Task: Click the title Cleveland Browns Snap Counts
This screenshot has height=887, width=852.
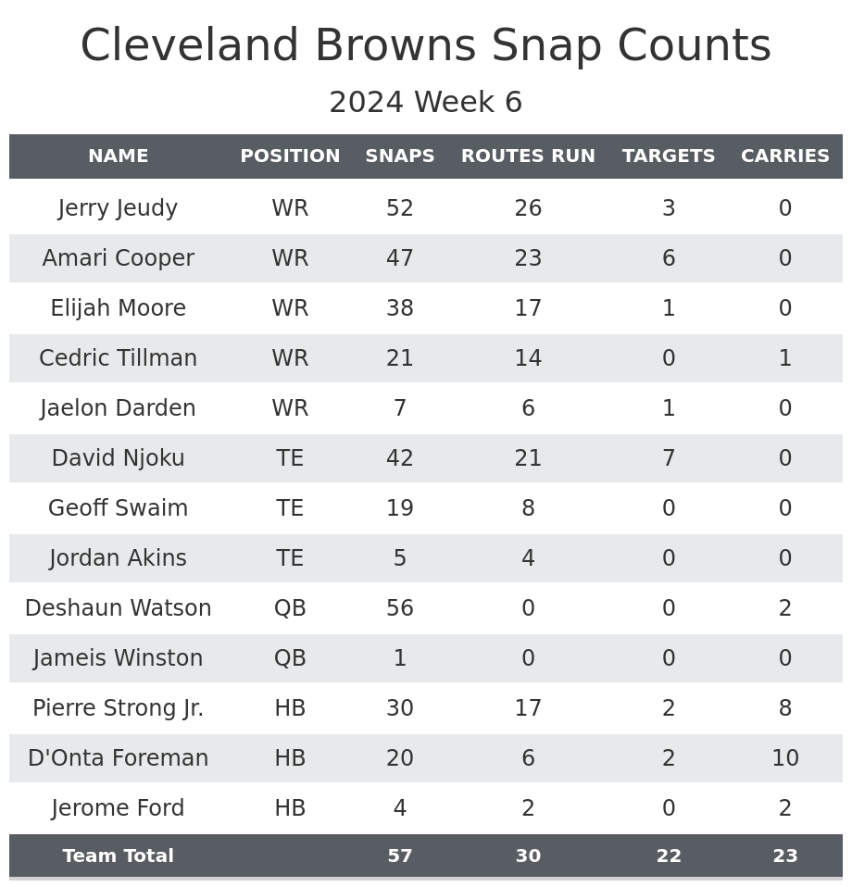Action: click(x=426, y=46)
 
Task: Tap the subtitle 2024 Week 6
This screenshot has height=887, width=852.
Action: click(x=426, y=103)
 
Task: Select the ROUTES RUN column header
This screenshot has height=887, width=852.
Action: click(x=528, y=156)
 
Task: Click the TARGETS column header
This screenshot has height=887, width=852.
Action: click(x=669, y=156)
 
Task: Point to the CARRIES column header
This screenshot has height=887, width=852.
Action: click(x=785, y=156)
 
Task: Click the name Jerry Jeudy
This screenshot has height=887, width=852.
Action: click(x=118, y=208)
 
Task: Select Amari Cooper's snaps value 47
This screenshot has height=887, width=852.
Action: click(x=400, y=258)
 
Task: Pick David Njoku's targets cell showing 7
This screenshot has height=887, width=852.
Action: click(x=669, y=458)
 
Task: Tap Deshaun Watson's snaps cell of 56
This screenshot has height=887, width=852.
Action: click(x=400, y=608)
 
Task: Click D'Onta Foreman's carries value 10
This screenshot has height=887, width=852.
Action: click(x=785, y=758)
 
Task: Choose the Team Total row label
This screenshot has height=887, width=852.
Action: click(x=118, y=856)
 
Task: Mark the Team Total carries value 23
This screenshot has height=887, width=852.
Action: click(x=785, y=856)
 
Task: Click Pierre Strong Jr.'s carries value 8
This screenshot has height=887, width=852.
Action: click(x=785, y=708)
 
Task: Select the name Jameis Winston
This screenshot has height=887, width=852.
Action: click(x=118, y=658)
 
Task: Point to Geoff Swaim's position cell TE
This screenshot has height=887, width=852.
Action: click(x=290, y=508)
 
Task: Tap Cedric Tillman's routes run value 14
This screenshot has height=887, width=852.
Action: click(x=528, y=358)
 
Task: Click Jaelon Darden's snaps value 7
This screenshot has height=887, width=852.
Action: click(x=400, y=408)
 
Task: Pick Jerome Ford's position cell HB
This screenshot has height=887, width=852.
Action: click(x=290, y=808)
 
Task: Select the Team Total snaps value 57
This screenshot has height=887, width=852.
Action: click(x=400, y=856)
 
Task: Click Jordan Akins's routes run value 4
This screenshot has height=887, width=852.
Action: click(x=528, y=558)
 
